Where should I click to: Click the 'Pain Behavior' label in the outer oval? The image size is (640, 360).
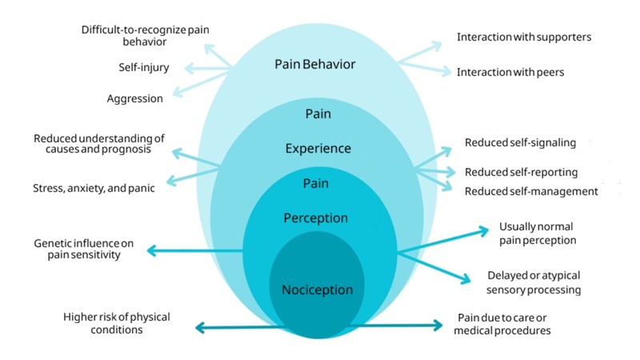pyautogui.click(x=314, y=64)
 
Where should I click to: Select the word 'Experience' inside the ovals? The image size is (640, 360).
pyautogui.click(x=318, y=149)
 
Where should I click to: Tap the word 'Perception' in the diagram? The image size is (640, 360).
pyautogui.click(x=316, y=218)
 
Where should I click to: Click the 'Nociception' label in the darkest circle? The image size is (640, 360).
pyautogui.click(x=317, y=289)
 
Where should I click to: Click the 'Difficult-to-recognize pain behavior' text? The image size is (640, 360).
pyautogui.click(x=145, y=36)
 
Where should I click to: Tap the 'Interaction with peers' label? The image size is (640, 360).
pyautogui.click(x=510, y=72)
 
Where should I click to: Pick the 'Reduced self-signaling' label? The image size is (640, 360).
pyautogui.click(x=520, y=142)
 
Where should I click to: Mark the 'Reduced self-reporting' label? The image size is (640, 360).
pyautogui.click(x=521, y=172)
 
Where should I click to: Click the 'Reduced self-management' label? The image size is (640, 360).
pyautogui.click(x=531, y=191)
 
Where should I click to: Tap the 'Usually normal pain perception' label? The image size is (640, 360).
pyautogui.click(x=536, y=233)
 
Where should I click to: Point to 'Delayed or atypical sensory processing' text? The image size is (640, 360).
pyautogui.click(x=534, y=282)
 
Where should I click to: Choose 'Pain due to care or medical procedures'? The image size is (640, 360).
pyautogui.click(x=503, y=323)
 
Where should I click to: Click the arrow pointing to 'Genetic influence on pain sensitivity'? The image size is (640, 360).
pyautogui.click(x=192, y=251)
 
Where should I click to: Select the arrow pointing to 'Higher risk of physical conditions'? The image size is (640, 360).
pyautogui.click(x=232, y=326)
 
